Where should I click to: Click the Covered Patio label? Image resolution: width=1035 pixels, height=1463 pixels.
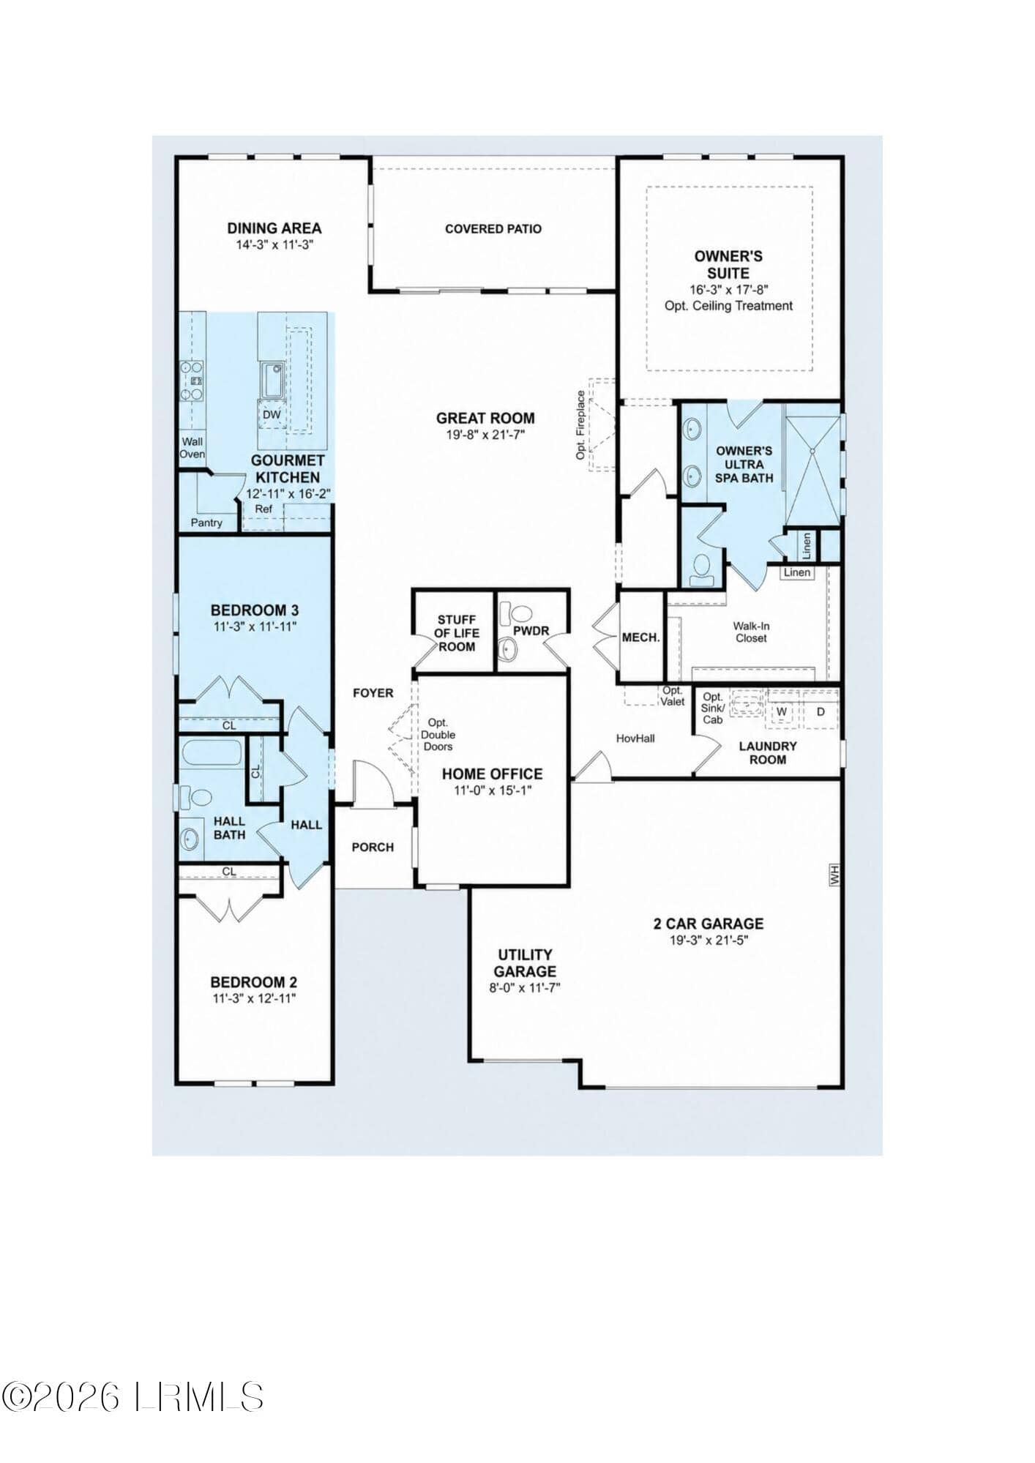tap(493, 229)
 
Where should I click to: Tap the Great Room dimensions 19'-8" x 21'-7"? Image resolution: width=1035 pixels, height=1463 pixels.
tap(485, 435)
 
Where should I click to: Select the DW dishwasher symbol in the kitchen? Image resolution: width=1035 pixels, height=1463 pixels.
tap(272, 415)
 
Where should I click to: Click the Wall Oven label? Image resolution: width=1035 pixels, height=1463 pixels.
tap(193, 448)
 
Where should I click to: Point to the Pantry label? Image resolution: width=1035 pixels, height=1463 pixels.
tap(206, 523)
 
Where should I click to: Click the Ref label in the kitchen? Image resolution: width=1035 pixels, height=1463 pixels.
tap(264, 509)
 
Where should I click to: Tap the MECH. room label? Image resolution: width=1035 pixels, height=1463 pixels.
tap(640, 637)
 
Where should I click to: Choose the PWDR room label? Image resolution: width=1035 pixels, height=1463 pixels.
tap(531, 631)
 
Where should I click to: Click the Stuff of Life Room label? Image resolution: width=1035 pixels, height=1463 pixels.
tap(457, 633)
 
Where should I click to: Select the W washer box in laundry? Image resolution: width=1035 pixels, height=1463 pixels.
tap(782, 711)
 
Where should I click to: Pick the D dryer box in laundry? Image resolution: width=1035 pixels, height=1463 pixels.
tap(821, 711)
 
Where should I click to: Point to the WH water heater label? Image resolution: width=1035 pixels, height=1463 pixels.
tap(834, 875)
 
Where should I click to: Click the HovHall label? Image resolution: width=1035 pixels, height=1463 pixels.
tap(635, 738)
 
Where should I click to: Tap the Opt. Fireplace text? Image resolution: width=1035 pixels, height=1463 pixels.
tap(581, 425)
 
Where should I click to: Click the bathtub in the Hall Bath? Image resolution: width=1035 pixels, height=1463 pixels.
tap(212, 752)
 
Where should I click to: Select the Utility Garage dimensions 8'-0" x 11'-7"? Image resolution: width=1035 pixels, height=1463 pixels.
tap(525, 987)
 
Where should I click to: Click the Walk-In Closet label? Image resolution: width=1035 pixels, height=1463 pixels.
tap(751, 632)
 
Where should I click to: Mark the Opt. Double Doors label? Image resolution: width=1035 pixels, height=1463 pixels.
tap(438, 735)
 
